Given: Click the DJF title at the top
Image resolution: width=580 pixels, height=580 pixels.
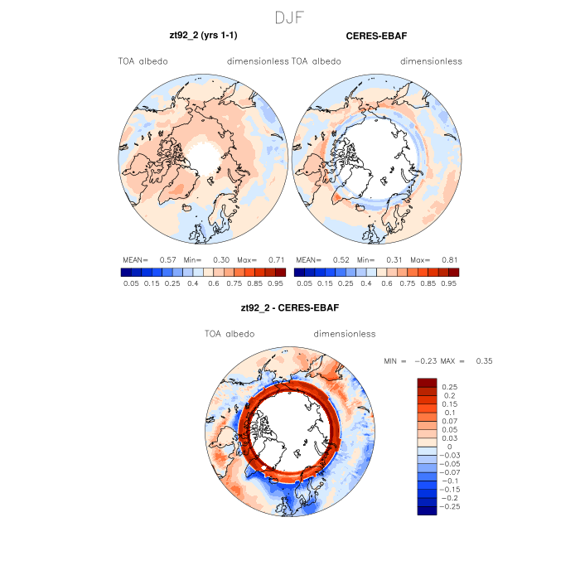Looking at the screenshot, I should point(289,17).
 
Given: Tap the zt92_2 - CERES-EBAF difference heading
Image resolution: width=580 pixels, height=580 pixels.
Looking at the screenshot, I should point(289,307).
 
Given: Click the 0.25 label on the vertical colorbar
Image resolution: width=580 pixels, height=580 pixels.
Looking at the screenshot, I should point(451,387).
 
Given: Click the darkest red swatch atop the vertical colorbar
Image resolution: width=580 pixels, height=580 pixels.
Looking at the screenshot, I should point(427,382).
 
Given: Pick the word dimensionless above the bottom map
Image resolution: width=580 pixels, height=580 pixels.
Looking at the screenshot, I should point(345,333).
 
